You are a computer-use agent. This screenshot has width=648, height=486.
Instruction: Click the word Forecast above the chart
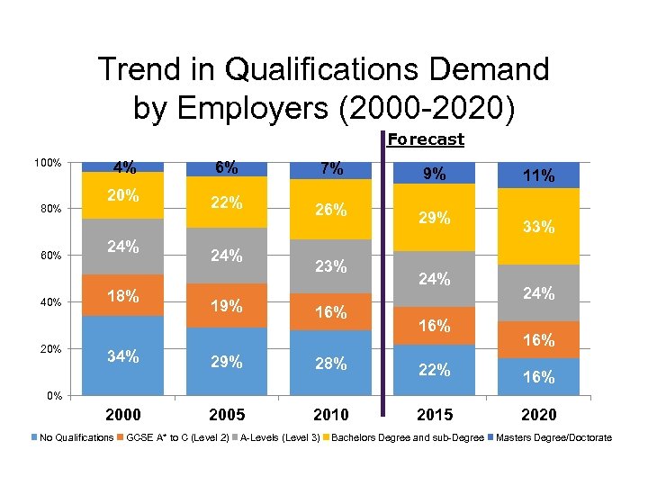426,139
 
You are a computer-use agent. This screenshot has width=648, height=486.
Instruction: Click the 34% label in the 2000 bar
123,356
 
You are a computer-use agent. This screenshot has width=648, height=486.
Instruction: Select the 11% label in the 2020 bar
538,176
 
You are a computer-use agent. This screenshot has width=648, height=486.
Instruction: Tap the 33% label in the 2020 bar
538,228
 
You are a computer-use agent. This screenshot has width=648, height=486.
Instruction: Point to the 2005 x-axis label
226,415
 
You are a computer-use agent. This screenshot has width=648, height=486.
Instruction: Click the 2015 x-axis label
435,415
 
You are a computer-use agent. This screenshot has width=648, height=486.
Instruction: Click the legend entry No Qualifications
76,438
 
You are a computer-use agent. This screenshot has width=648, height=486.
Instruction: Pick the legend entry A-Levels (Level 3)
280,438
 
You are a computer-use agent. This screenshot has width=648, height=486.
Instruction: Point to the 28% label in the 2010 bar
330,364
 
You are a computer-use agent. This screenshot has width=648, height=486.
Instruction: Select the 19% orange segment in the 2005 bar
226,305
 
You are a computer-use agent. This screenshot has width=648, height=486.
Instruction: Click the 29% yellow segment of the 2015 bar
435,218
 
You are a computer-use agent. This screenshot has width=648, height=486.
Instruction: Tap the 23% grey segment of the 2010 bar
330,266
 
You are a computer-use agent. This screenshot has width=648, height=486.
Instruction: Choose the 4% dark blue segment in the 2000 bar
123,166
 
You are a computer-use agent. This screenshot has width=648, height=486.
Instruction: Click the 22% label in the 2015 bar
435,370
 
